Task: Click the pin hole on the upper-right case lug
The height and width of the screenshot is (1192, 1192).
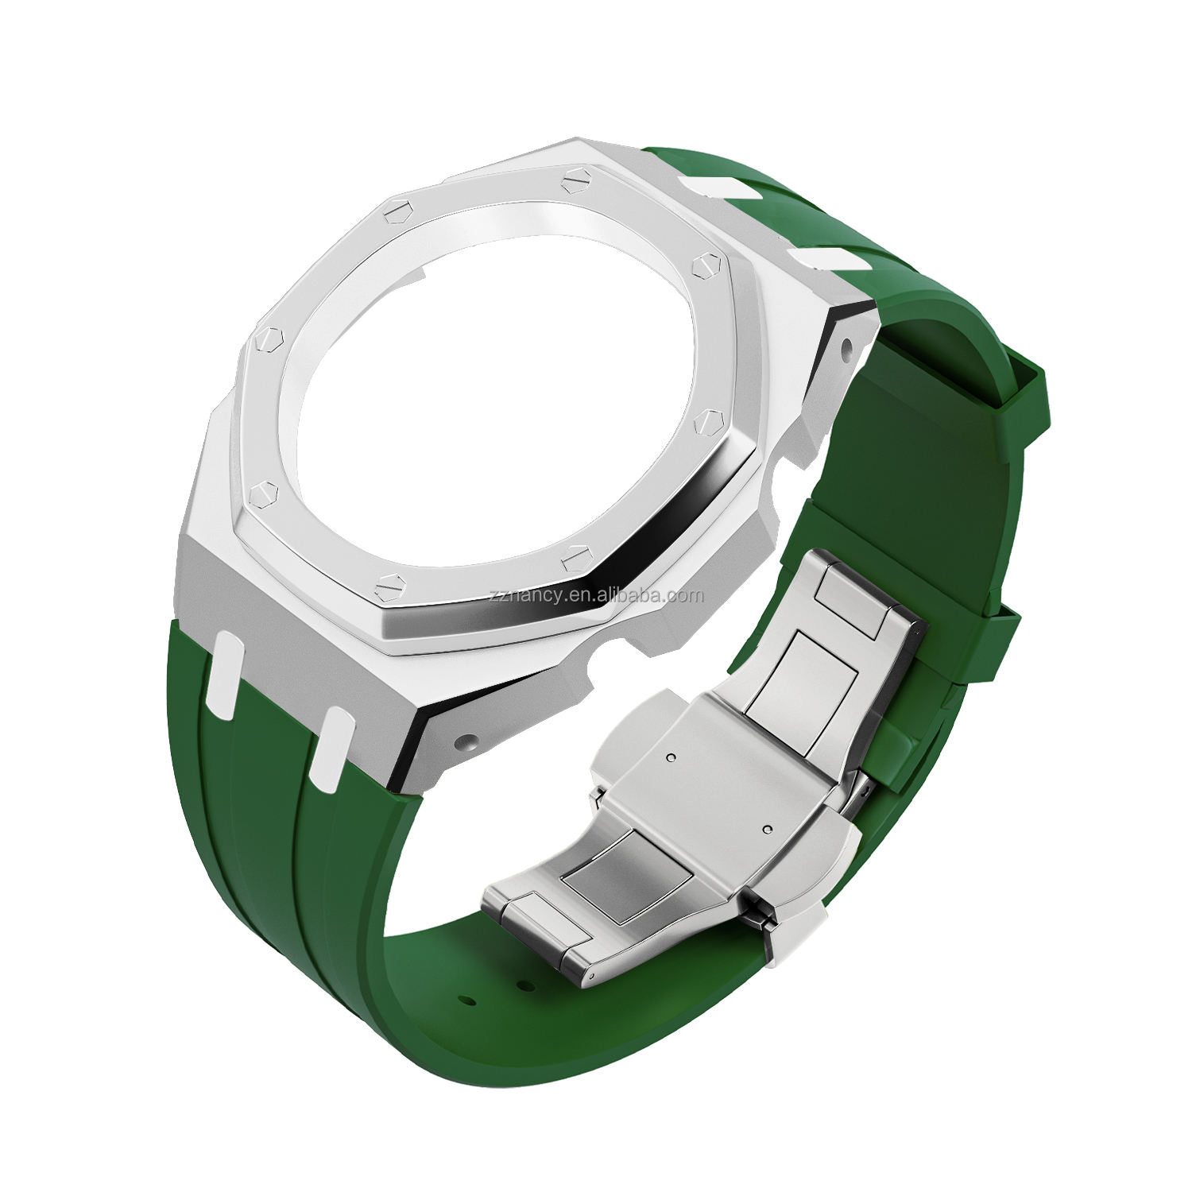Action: [845, 346]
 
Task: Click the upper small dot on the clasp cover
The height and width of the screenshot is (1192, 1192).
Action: [671, 757]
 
